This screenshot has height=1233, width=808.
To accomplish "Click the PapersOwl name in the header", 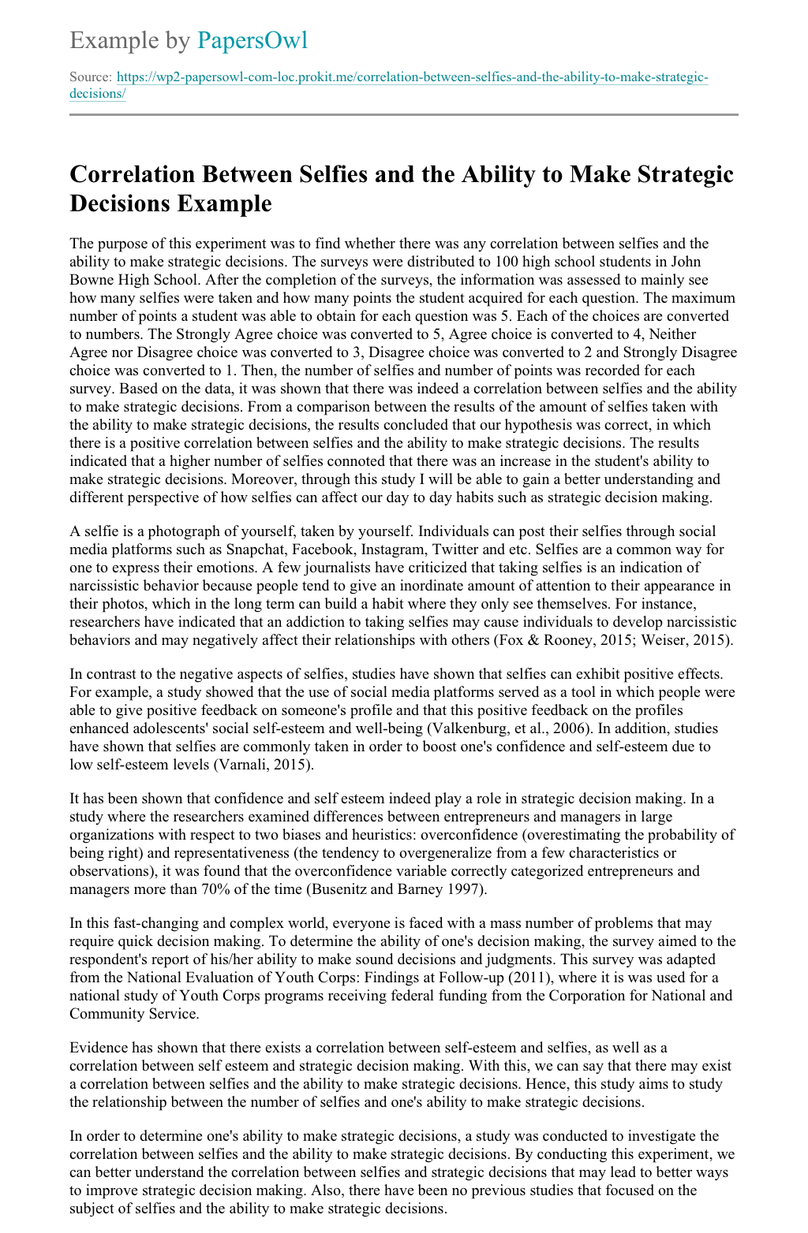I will pyautogui.click(x=252, y=40).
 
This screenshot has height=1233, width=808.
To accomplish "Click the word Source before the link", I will pyautogui.click(x=90, y=77).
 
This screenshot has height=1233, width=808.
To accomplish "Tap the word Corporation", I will pyautogui.click(x=544, y=996).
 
